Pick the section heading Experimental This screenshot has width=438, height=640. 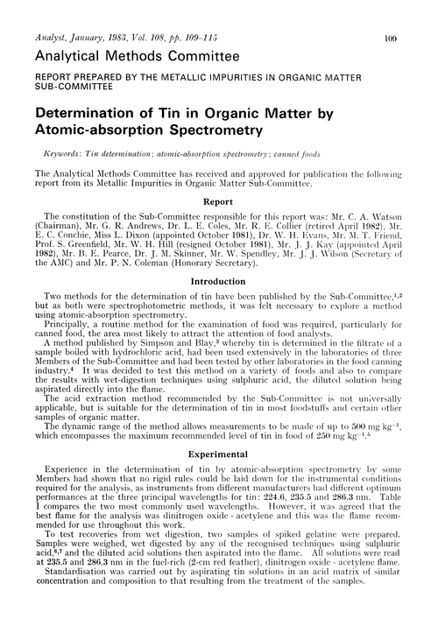click(218, 480)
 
